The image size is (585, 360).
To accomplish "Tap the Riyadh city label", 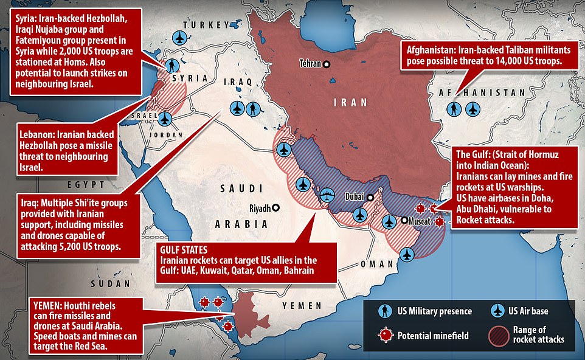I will click(x=260, y=208).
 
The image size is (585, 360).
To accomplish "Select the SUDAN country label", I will click(x=111, y=283).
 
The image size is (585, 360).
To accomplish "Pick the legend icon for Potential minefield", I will click(x=384, y=335).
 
